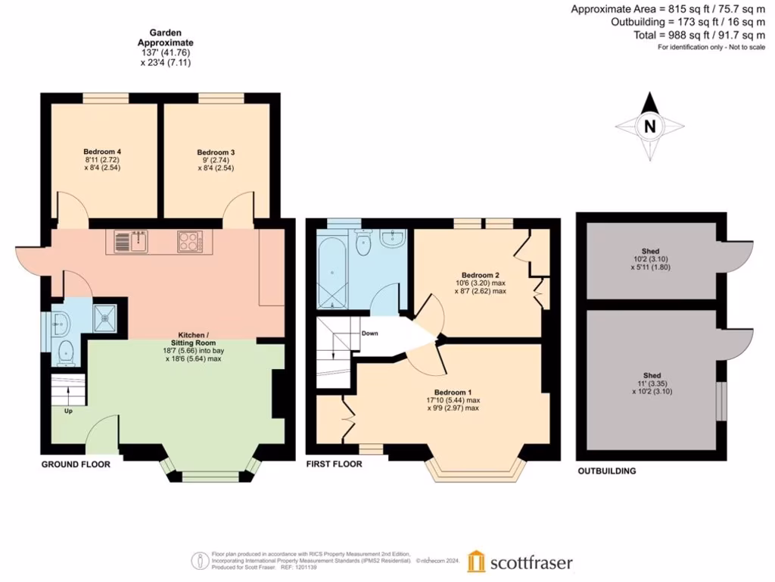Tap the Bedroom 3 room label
216,152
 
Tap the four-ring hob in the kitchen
189,242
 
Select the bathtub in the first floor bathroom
331,271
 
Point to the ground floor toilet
66,351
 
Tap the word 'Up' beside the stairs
68,411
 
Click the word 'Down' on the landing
370,333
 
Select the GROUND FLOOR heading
76,464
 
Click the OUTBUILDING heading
607,471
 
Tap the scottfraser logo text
531,563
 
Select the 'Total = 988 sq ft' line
699,35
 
